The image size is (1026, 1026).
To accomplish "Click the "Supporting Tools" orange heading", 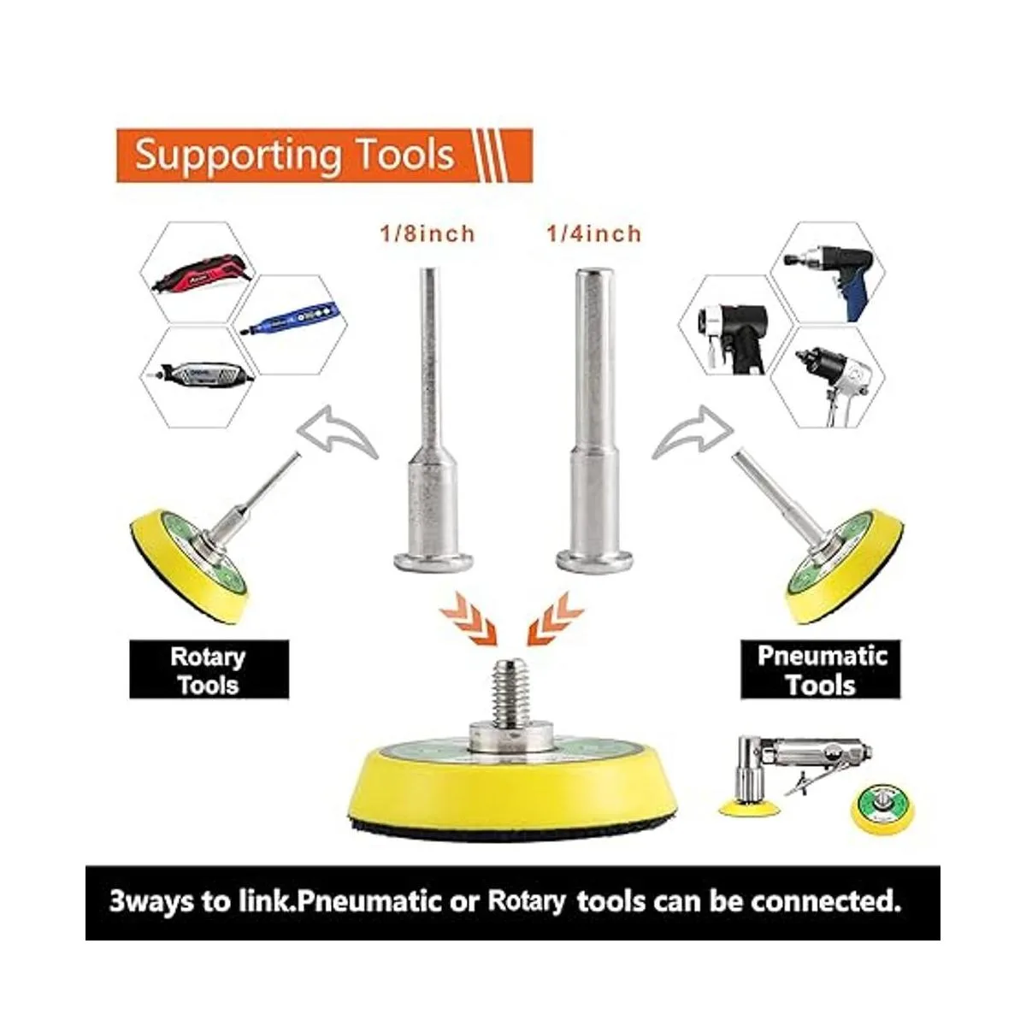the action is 294,155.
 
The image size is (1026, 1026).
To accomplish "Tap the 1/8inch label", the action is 427,234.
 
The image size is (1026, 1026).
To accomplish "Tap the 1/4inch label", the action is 594,234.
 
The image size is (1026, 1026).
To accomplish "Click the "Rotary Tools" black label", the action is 209,670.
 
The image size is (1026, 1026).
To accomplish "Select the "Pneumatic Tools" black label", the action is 821,670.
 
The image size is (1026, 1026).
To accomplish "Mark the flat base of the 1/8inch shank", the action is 433,561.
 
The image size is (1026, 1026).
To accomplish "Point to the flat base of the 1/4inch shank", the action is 594,561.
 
